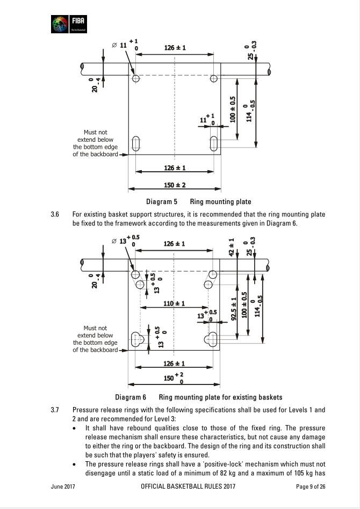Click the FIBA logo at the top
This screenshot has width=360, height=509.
coord(68,24)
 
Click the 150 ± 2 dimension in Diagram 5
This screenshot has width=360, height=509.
coord(175,185)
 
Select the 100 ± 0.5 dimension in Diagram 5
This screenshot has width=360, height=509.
coord(233,109)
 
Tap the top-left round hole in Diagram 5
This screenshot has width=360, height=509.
coord(136,78)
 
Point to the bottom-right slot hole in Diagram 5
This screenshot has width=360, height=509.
coord(214,143)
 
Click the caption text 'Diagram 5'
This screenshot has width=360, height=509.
coord(162,202)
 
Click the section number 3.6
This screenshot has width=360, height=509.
coord(55,214)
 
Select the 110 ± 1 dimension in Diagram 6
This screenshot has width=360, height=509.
coord(175,304)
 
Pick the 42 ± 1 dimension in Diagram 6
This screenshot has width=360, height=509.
coord(232,248)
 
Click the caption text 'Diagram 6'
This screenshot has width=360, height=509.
coord(131,397)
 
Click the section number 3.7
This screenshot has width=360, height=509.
coord(55,410)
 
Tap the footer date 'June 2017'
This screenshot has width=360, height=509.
coord(63,486)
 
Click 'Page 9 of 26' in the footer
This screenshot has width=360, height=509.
coord(311,486)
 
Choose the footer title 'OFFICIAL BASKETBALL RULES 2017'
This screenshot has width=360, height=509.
coord(188,486)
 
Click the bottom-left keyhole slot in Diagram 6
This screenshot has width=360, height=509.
coord(136,339)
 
